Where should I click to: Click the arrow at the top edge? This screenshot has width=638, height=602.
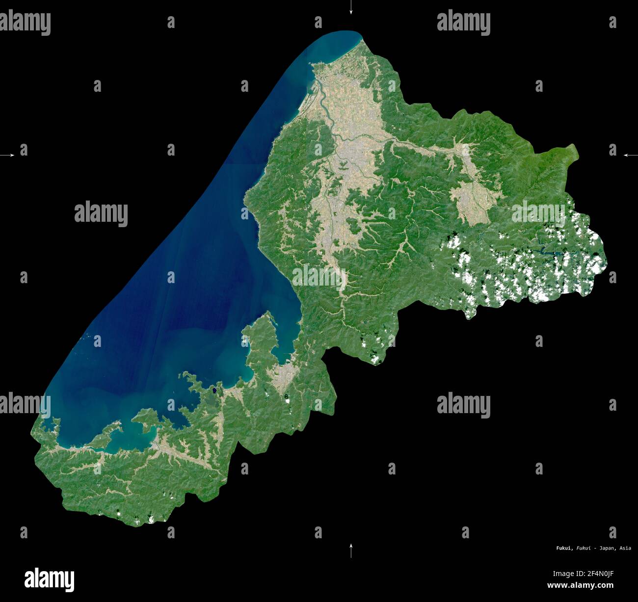coord(350,8)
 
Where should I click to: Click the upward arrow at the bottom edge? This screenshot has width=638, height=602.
coord(350,550)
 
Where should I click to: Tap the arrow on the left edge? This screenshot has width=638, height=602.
coord(7,155)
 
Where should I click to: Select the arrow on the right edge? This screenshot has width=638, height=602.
coord(630,155)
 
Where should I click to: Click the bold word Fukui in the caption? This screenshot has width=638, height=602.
coord(563,548)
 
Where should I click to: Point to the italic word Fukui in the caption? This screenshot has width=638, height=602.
coord(583,548)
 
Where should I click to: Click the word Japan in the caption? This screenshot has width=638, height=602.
coord(607,548)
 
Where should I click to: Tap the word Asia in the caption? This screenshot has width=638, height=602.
coord(625,548)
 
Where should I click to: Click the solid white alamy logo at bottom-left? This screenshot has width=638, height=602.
coord(49,579)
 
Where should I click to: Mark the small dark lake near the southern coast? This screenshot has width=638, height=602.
coord(214,391)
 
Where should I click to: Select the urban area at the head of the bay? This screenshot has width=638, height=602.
coord(285,373)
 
